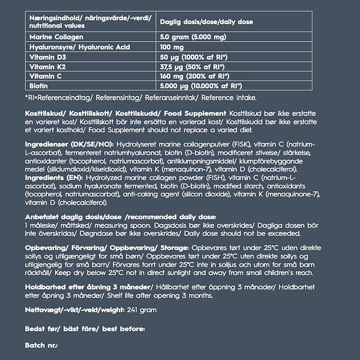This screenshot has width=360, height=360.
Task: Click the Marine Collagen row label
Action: (56, 37)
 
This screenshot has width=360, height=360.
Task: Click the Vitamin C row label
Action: (43, 76)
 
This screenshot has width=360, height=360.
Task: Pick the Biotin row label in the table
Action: (39, 86)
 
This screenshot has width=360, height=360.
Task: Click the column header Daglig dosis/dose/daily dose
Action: (206, 22)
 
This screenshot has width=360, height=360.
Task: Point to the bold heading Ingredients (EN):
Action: (54, 177)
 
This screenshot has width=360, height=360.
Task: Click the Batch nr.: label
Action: (41, 345)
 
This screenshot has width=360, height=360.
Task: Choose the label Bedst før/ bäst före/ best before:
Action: (85, 328)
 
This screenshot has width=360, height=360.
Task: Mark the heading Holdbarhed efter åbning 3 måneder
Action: (89, 287)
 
